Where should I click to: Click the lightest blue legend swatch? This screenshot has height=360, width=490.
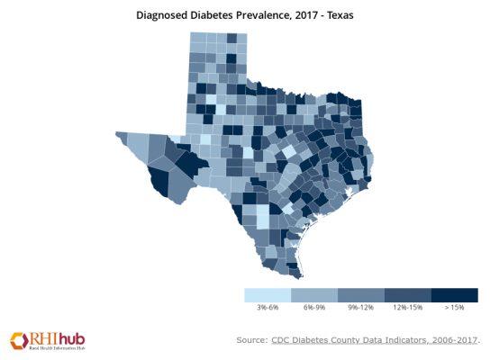pos(268,295)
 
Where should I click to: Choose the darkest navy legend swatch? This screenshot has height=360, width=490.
pos(454,295)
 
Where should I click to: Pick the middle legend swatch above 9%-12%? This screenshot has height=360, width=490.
pos(360,295)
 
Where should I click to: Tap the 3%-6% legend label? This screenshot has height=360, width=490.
pos(268,309)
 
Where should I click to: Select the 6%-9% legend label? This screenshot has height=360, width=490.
pos(314,309)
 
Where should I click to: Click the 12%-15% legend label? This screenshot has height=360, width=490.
pos(407,309)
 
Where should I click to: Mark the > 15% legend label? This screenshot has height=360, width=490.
pos(454,309)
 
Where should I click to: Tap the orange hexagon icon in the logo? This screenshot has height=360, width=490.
pos(19,340)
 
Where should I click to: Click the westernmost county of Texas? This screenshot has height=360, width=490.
pos(123,138)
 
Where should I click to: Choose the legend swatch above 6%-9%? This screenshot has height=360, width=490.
pos(314,295)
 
